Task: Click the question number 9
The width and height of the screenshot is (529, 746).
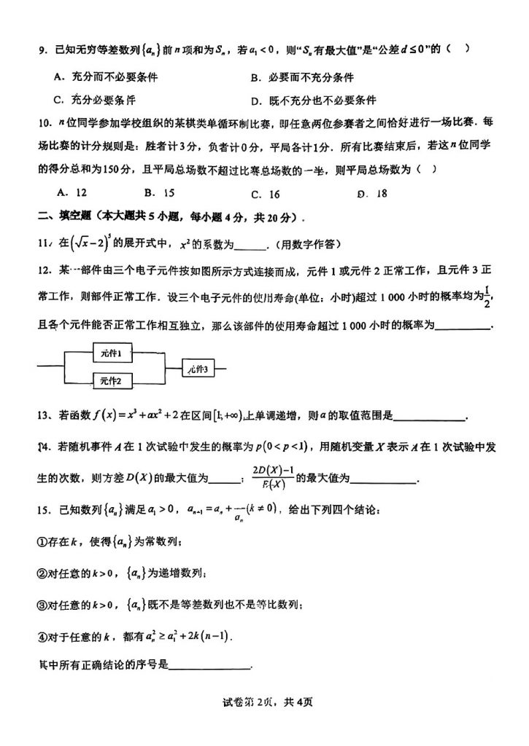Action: [42, 50]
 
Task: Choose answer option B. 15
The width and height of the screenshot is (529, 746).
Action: [158, 193]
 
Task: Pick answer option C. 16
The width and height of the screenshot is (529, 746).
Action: [265, 194]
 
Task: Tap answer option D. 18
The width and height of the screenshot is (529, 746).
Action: [372, 194]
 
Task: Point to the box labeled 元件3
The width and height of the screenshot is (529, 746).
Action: [197, 369]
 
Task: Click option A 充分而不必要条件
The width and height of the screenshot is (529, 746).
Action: [106, 77]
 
